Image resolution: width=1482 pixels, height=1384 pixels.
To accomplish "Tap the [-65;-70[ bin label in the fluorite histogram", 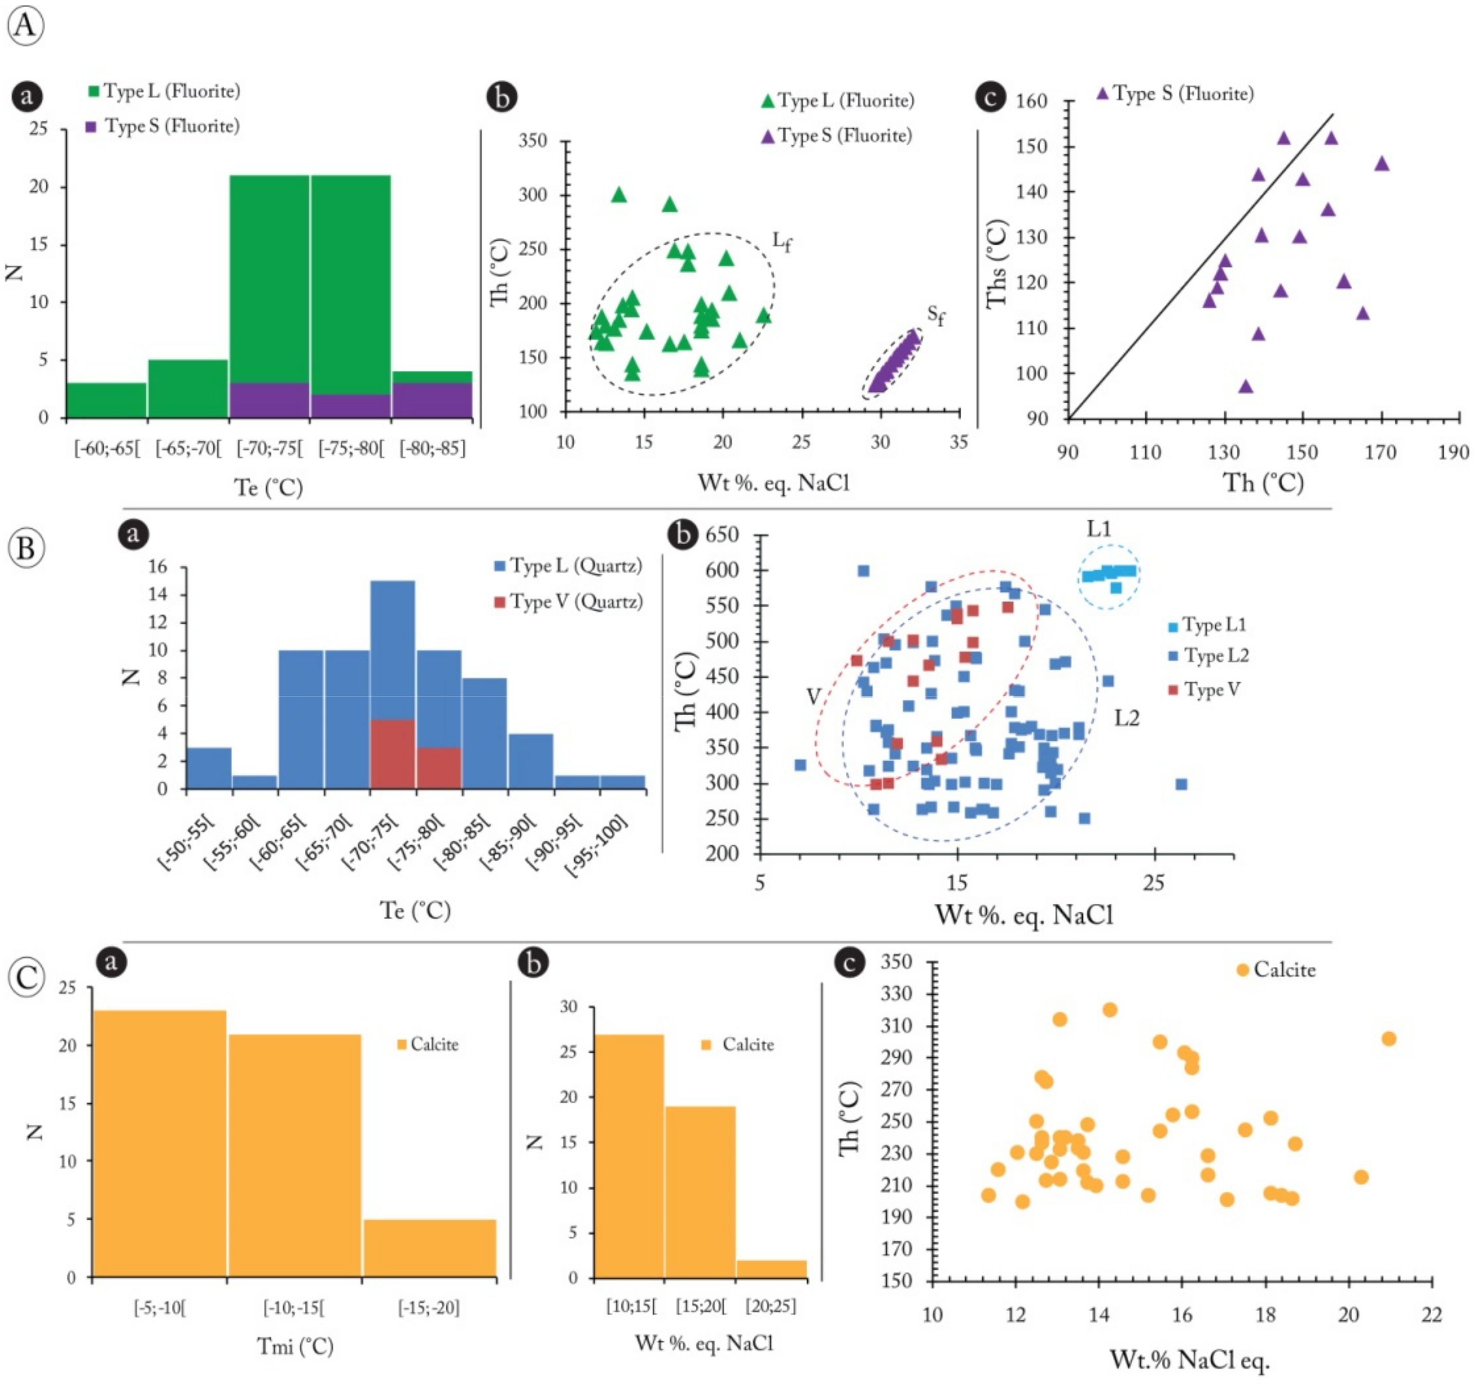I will point(189,449).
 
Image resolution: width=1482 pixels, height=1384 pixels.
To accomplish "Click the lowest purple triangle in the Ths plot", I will point(1245,386).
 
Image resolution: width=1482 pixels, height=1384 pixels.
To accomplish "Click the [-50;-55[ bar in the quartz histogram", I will point(209,767).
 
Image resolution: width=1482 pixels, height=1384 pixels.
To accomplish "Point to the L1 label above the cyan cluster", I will point(1099,529).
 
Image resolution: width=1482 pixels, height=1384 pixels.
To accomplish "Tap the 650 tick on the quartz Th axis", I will point(722,535).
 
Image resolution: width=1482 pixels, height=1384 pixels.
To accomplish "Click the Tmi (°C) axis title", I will point(295,1346).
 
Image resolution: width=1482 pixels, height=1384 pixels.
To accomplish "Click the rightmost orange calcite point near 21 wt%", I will point(1388,1039).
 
